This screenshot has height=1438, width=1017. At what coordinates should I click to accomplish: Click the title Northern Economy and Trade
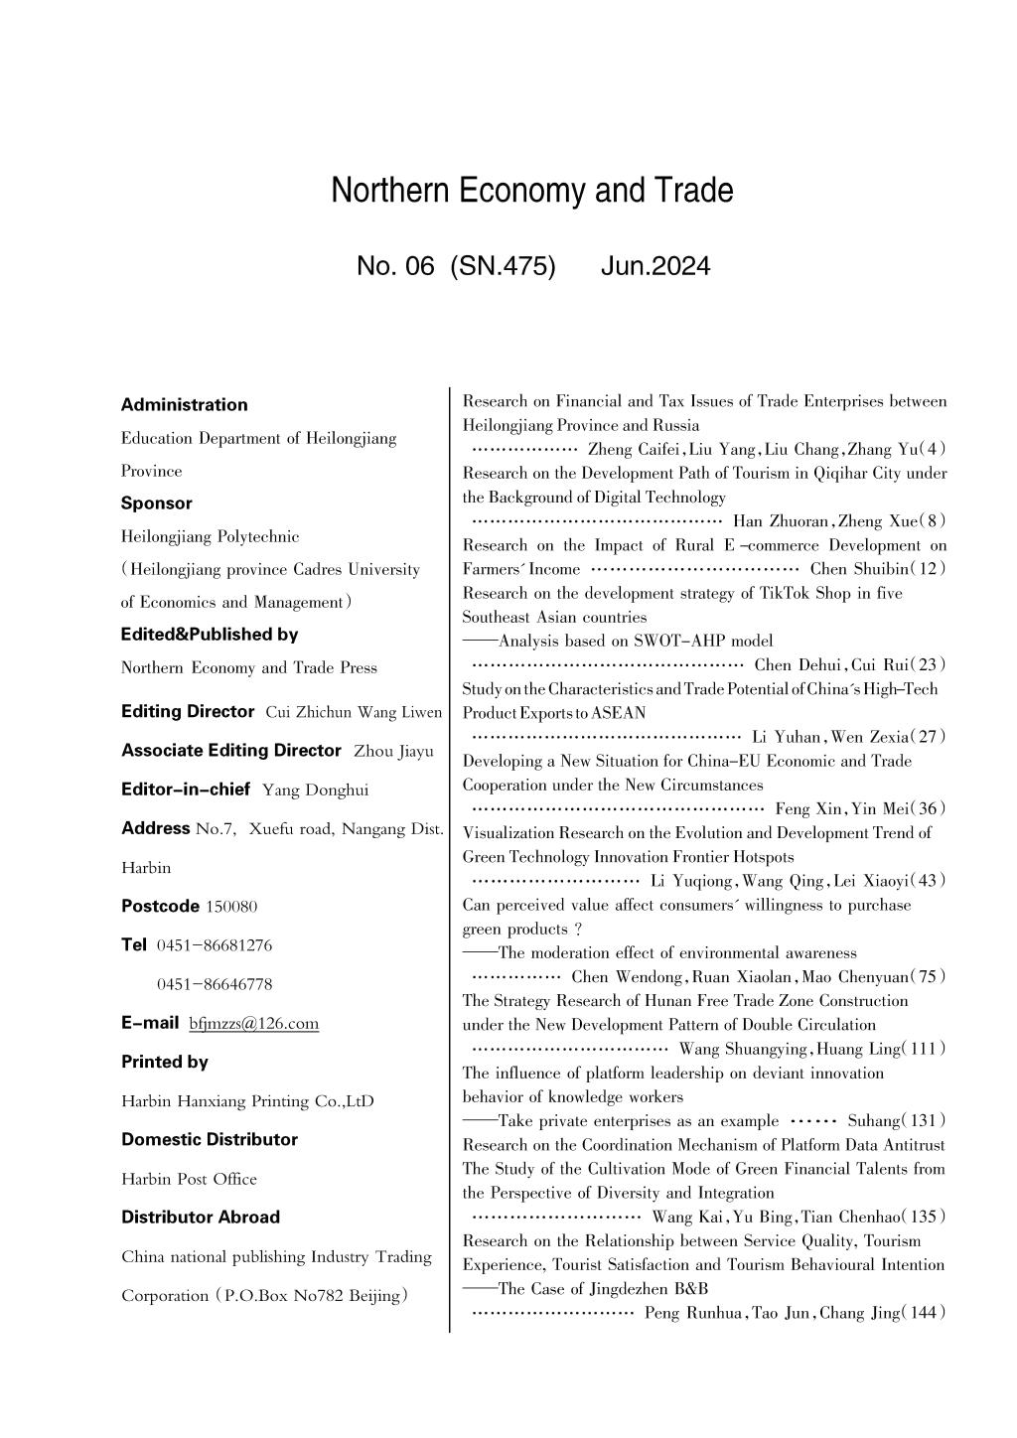point(532,190)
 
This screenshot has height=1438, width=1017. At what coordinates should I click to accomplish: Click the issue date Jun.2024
point(655,266)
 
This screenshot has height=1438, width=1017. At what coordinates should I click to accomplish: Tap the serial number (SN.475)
point(503,266)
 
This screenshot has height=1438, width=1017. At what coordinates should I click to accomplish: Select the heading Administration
point(184,404)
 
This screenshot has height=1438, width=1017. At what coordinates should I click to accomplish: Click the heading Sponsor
point(156,503)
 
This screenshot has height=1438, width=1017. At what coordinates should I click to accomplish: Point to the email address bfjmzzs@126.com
point(253,1023)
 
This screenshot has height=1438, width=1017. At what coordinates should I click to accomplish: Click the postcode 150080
point(231,907)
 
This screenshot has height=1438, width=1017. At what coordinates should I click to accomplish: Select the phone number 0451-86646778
point(215,984)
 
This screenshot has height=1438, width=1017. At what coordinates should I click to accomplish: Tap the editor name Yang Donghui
point(315,791)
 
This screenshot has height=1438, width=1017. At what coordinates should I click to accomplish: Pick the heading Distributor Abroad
point(201,1217)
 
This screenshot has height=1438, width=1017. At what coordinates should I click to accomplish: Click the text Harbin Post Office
point(189,1179)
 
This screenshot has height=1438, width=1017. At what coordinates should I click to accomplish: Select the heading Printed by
point(164,1062)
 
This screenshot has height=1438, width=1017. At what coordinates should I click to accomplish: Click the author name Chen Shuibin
point(855,569)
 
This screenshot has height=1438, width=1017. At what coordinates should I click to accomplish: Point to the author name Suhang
point(873,1121)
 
